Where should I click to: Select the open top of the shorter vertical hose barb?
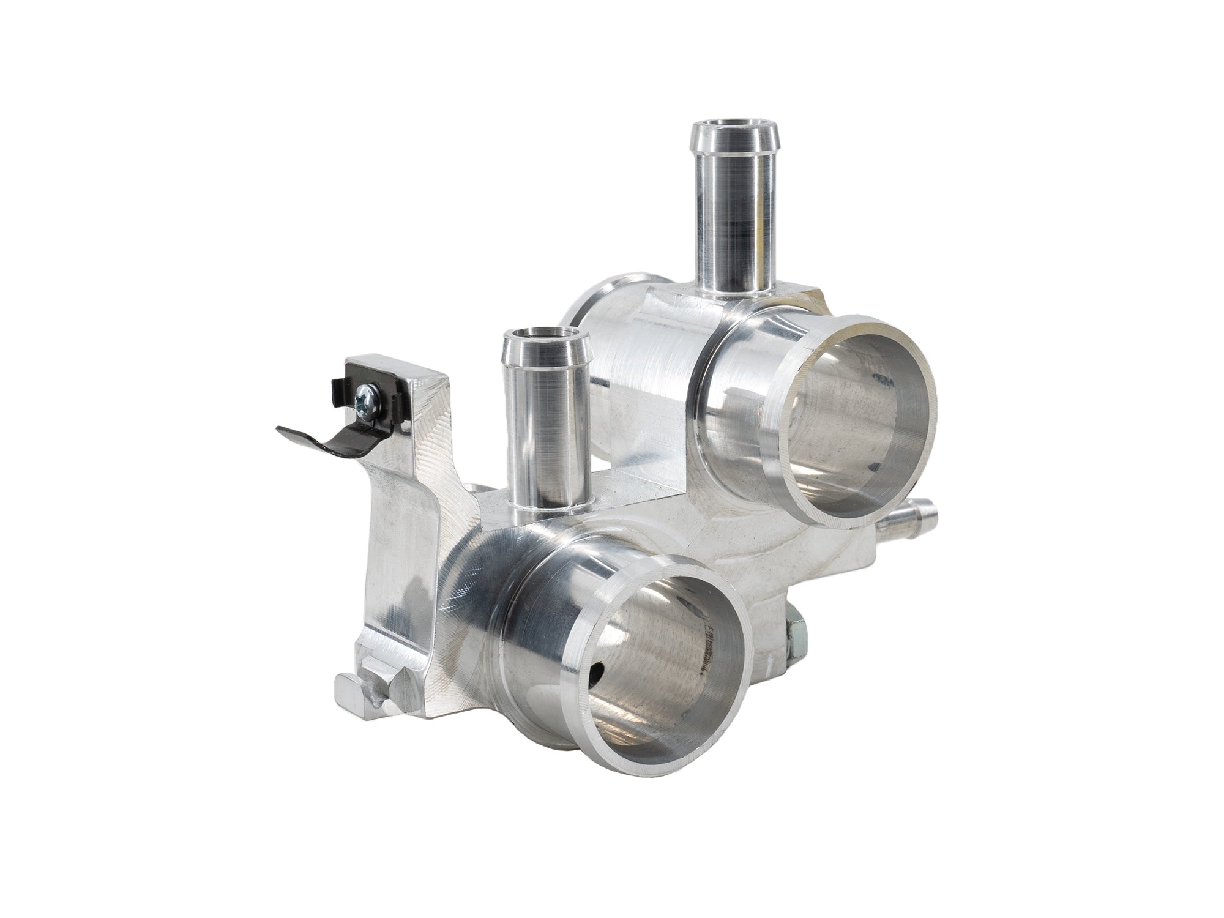click(x=540, y=336)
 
